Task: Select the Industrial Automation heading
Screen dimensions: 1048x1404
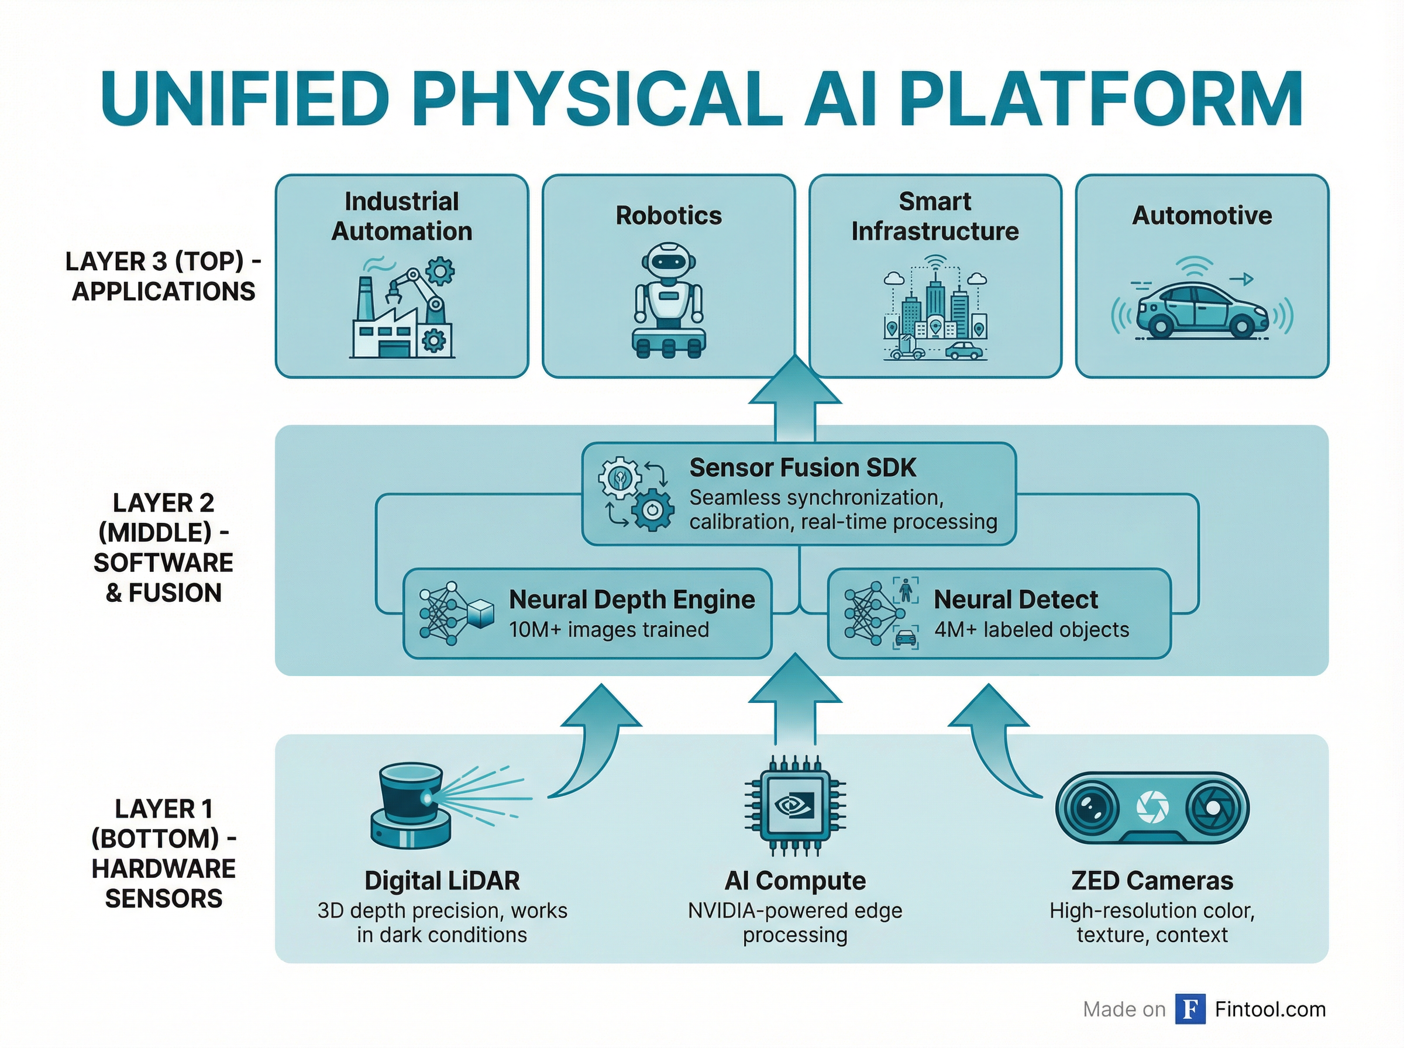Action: point(401,216)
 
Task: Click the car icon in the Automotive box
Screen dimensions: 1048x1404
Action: point(1201,311)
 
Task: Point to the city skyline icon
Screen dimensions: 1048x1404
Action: point(934,311)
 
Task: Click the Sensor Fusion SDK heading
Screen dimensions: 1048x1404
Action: point(803,467)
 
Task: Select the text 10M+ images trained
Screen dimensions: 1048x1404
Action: point(608,629)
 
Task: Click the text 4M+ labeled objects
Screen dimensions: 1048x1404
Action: point(1031,629)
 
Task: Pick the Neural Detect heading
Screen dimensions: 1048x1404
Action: point(1015,599)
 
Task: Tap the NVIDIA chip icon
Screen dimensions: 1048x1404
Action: point(794,806)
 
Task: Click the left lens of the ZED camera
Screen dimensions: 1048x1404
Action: point(1091,808)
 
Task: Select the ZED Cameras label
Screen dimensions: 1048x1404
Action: point(1152,881)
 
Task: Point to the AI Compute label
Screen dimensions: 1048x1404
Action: point(795,881)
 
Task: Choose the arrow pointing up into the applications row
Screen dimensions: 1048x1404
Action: point(794,399)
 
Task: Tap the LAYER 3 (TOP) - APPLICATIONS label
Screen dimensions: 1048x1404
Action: point(163,277)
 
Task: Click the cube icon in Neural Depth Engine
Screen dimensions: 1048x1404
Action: point(480,613)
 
